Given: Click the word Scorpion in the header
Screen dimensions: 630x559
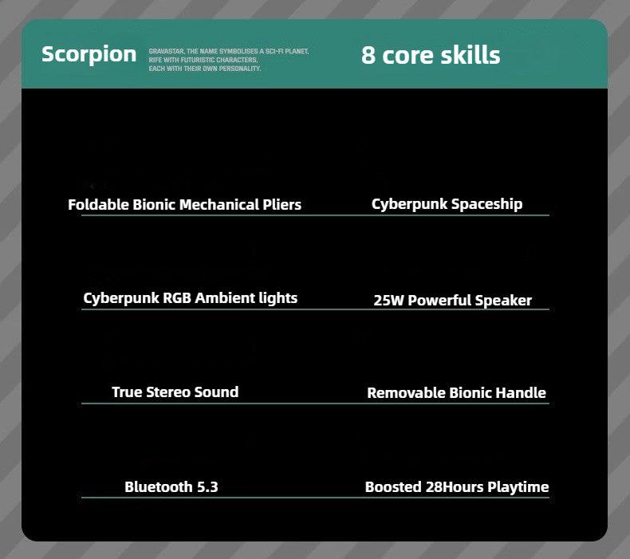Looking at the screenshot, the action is tap(89, 55).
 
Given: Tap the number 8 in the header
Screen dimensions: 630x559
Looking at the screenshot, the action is tap(368, 56).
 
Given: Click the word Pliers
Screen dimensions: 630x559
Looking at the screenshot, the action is tap(282, 205).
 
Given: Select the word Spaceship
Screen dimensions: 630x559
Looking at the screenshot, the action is tap(487, 205).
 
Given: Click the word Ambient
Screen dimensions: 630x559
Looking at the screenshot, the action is tap(225, 298).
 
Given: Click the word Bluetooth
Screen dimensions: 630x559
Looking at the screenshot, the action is tap(159, 487).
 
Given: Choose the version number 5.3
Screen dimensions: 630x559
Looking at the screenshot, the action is tap(207, 487).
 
